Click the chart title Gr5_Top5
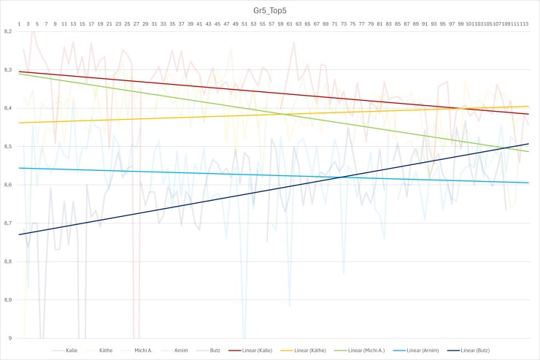tap(271, 12)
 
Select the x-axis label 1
tap(20, 24)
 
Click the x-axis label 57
tap(271, 24)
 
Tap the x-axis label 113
tap(524, 24)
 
